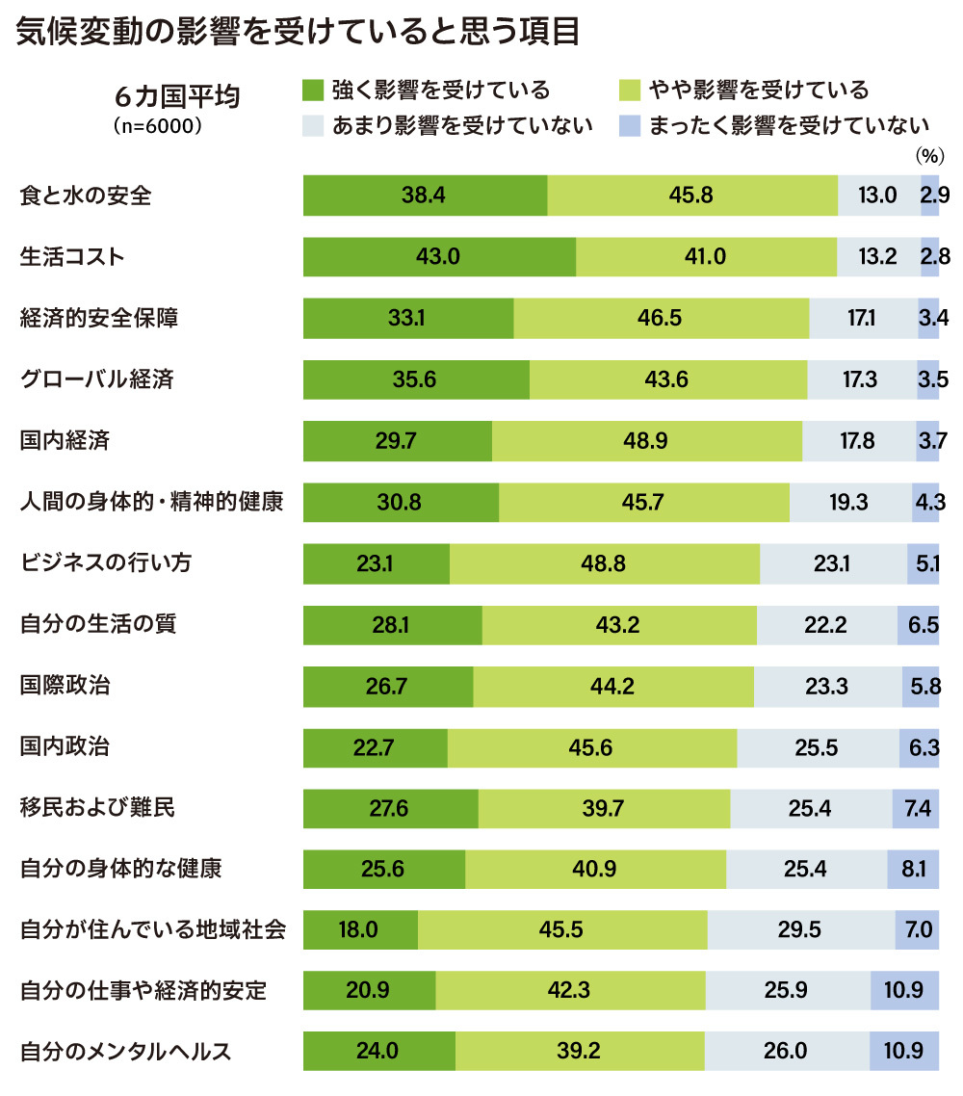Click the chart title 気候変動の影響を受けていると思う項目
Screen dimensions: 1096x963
299,33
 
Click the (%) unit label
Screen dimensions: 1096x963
926,154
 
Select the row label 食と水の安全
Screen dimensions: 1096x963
87,196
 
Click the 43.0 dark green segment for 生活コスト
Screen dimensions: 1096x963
439,256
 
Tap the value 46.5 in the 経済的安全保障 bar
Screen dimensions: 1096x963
661,318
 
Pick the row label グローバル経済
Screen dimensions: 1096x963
97,378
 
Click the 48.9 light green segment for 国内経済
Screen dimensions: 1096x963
646,440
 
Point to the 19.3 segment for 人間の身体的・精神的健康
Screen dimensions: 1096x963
850,501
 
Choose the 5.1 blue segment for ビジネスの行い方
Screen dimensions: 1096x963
923,562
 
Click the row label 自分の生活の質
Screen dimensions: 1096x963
98,623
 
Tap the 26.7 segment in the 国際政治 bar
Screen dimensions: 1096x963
388,685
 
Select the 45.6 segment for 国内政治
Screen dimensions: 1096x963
592,746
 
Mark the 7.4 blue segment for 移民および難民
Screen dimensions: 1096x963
916,808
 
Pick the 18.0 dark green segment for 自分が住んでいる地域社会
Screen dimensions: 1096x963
360,930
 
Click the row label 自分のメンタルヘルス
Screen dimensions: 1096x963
126,1051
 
